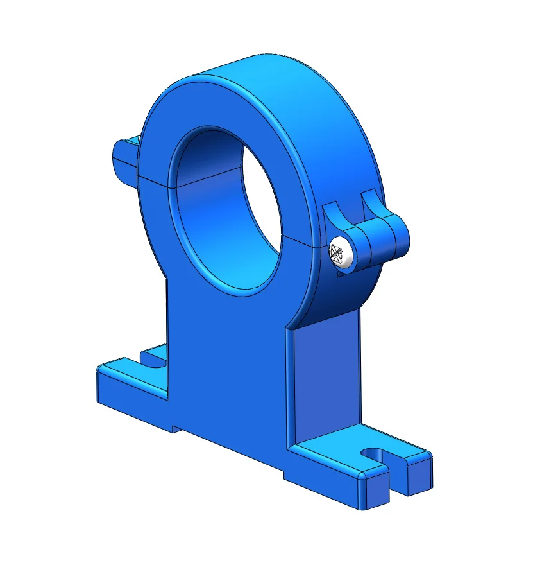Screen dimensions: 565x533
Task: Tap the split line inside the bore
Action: point(212,177)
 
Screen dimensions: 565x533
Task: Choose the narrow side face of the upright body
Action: point(324,379)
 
